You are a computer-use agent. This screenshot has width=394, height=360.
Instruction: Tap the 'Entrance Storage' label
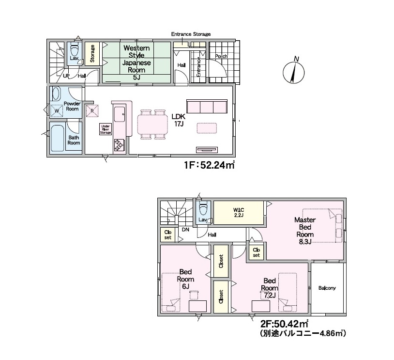click(191, 34)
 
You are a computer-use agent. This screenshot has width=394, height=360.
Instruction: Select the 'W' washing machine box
click(57, 110)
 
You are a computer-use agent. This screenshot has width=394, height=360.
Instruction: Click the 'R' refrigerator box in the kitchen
click(92, 110)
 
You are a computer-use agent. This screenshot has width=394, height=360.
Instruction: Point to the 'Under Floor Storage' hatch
click(106, 129)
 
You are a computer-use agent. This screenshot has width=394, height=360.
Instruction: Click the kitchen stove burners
click(119, 145)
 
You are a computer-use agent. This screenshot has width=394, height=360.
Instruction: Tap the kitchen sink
click(120, 114)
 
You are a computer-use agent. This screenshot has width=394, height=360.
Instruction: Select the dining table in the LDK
click(152, 124)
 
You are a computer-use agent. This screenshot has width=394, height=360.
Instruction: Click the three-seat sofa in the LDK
click(207, 106)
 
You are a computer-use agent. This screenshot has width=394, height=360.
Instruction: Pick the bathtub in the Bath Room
click(57, 138)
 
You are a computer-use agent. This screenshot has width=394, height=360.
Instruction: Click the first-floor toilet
click(75, 50)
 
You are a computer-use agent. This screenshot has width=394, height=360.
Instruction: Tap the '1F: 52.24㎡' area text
click(209, 166)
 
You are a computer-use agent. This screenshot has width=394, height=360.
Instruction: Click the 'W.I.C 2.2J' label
click(239, 212)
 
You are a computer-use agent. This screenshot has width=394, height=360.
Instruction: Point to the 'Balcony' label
click(327, 288)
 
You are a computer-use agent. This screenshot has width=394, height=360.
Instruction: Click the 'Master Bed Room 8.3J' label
click(305, 231)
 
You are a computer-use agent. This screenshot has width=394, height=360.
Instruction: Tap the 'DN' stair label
click(185, 230)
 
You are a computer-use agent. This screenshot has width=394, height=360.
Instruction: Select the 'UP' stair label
click(66, 76)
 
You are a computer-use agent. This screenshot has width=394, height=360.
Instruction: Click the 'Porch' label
click(221, 56)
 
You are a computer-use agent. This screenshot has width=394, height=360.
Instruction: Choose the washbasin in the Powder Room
click(56, 94)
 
